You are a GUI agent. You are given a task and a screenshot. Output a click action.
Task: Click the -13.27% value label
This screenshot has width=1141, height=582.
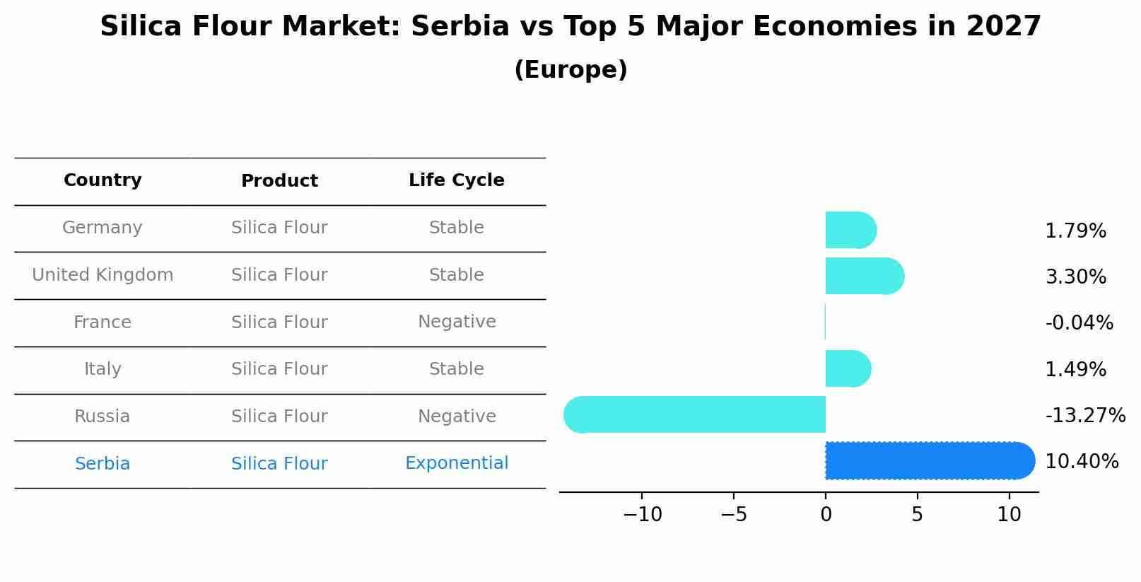tap(1084, 415)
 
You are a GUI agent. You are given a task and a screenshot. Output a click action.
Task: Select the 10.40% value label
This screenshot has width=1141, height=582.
tap(1081, 462)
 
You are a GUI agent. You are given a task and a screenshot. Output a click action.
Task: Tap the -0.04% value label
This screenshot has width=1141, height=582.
tap(1079, 323)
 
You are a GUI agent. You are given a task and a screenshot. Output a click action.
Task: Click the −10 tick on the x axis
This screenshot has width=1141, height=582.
tap(642, 515)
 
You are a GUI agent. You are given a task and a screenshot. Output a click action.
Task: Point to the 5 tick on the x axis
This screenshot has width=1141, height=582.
tap(917, 515)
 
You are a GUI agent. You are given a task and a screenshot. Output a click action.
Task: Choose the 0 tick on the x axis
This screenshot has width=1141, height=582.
tap(826, 515)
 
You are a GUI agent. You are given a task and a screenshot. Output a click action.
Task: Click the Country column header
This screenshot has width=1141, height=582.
tap(103, 180)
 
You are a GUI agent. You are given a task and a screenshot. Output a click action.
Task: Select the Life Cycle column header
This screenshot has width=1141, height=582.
tap(456, 180)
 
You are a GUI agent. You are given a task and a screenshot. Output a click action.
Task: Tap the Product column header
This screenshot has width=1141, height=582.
tap(279, 181)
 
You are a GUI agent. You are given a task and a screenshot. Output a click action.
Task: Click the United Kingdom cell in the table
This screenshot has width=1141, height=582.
tap(103, 275)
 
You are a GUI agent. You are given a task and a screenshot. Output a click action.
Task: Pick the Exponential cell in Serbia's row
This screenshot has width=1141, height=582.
tap(456, 463)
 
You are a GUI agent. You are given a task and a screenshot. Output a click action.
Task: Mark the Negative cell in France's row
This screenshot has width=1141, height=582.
tap(456, 322)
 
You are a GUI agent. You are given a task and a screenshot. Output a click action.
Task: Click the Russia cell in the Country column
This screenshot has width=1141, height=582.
tap(103, 417)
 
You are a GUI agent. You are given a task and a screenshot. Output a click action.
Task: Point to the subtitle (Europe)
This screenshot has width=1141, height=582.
tap(570, 70)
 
